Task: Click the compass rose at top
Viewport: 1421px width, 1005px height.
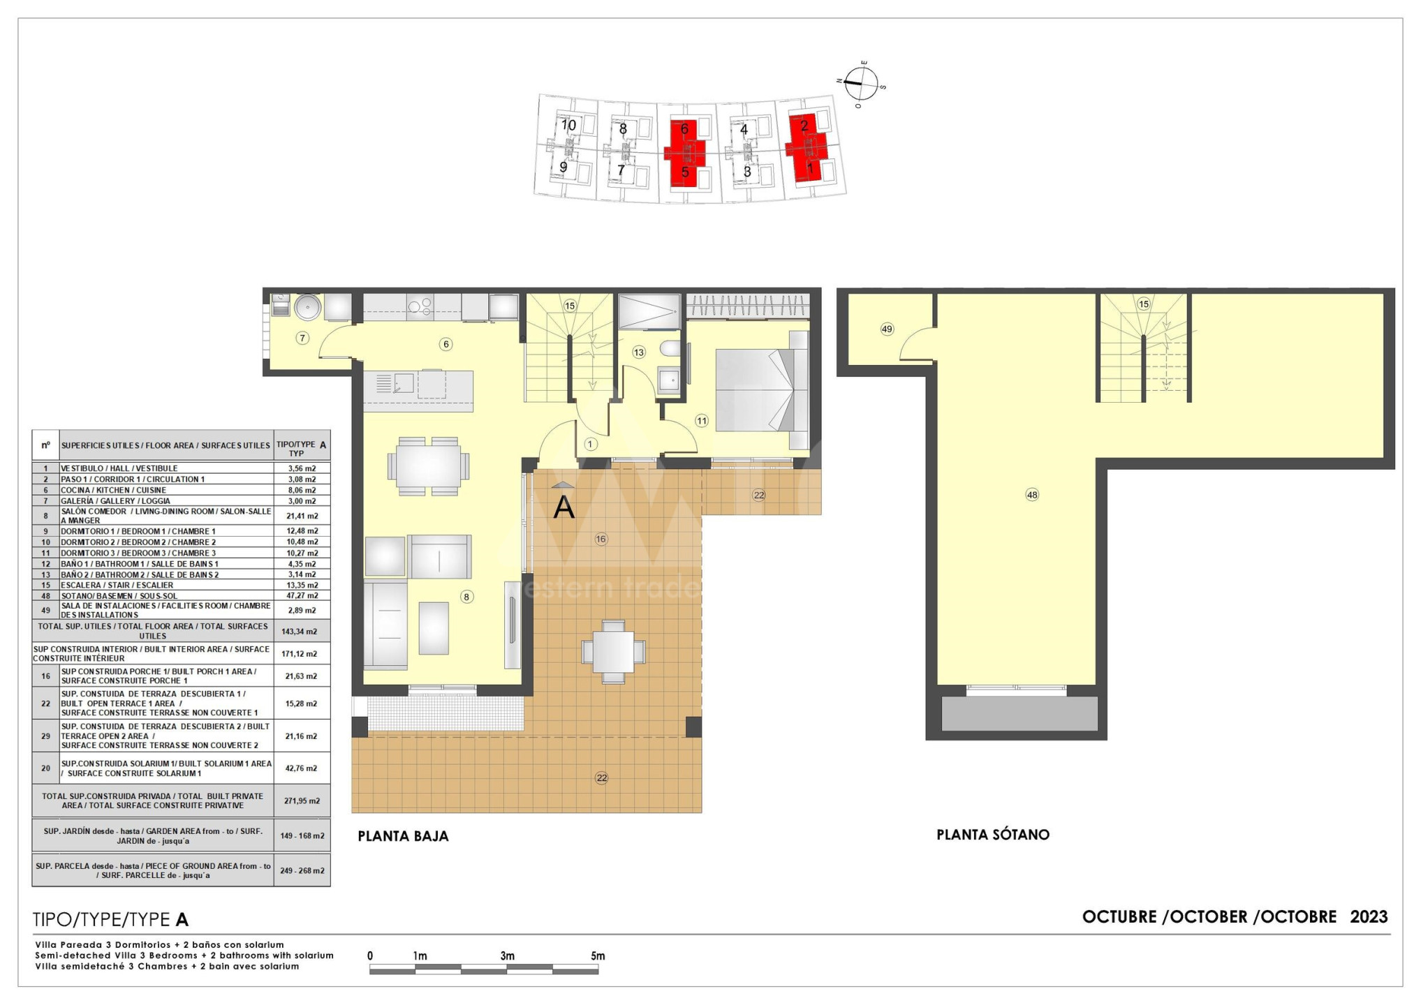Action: coord(861,84)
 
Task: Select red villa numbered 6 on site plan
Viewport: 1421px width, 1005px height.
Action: coord(684,129)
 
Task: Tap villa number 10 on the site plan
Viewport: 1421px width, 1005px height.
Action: coord(569,125)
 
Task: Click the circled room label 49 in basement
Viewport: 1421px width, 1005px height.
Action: coord(887,329)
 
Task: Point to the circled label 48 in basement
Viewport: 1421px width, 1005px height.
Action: coord(1032,495)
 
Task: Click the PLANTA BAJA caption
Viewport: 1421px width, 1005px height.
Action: coord(403,836)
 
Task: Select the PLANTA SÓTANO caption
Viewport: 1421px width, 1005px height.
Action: coord(993,835)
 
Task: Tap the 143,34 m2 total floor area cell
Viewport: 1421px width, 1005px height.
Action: coord(302,632)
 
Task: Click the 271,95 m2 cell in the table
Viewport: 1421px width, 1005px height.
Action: coord(302,801)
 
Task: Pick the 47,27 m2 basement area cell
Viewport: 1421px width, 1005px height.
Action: coord(302,596)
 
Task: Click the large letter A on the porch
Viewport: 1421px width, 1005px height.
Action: coord(564,507)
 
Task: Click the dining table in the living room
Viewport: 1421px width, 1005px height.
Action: coord(429,466)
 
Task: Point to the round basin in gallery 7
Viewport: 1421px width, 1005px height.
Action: coord(307,306)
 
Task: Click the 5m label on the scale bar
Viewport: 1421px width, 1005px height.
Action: coord(597,956)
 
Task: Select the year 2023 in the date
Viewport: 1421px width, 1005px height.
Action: coord(1369,916)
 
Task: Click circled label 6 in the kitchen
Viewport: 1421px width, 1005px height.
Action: coord(446,344)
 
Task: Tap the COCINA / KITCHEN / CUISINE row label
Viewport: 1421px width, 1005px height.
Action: coord(113,490)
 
